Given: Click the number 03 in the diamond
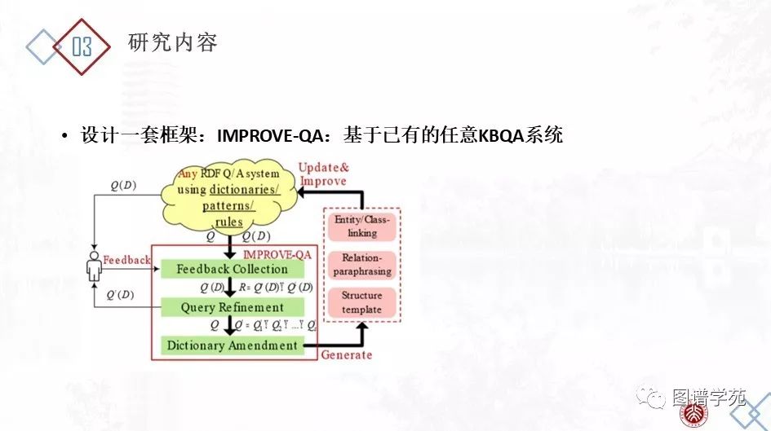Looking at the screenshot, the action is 82,46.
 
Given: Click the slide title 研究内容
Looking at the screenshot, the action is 173,43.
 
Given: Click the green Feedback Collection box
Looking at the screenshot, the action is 233,269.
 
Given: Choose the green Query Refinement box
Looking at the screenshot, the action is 233,307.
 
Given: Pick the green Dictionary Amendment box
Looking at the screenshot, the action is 233,345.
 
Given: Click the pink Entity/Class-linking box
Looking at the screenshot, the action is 362,226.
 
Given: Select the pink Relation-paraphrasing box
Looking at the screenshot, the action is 362,264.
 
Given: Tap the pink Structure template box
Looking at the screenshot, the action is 362,302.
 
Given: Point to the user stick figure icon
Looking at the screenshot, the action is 95,266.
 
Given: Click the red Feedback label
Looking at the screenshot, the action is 126,260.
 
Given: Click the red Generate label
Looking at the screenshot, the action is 346,354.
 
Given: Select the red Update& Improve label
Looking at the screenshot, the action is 323,174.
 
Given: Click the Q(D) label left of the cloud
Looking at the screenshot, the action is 123,185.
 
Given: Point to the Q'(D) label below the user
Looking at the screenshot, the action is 120,294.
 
